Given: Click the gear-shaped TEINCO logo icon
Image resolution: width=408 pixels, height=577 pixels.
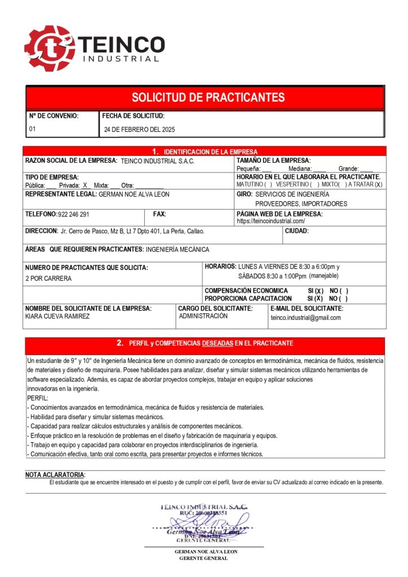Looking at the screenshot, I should (49, 48).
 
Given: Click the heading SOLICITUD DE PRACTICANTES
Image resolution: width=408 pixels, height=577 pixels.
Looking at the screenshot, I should (208, 97).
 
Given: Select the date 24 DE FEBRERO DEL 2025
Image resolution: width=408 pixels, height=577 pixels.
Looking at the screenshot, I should (139, 130).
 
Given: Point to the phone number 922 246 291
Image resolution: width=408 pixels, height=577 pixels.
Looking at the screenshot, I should (73, 215).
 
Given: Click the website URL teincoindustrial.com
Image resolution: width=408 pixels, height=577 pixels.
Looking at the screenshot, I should (270, 221).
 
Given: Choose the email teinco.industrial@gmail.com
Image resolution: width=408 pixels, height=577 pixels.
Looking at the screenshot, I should (305, 318).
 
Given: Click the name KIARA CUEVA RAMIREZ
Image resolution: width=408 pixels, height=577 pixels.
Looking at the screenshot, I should (57, 316).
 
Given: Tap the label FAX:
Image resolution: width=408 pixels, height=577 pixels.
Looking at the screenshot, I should (159, 214).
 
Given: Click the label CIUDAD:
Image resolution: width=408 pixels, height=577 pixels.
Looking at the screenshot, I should (296, 231).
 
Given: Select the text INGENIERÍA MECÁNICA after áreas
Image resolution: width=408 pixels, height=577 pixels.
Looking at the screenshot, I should (177, 249).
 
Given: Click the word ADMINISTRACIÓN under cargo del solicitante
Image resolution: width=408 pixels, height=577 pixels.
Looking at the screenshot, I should (203, 316).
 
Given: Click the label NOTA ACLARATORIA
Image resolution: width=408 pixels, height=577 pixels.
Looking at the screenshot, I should (55, 475).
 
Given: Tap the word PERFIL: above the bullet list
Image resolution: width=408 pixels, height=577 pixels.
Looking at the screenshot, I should (38, 398).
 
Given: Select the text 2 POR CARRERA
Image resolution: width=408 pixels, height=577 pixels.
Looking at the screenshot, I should (48, 278).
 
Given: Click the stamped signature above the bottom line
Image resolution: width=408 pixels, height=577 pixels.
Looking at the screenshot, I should (203, 521).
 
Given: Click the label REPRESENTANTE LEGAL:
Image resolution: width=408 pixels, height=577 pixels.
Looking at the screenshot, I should (61, 194).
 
